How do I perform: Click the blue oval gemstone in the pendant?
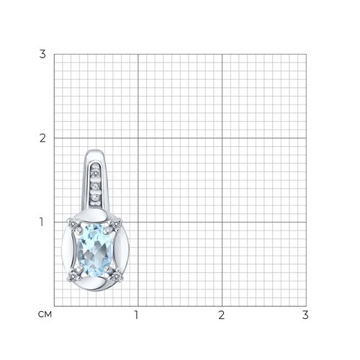[94, 250]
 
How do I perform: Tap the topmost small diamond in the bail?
[96, 173]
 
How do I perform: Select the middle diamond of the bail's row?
[96, 186]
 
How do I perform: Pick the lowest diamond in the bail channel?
[96, 198]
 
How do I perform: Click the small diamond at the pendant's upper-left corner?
[72, 225]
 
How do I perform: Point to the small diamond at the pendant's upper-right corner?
[117, 224]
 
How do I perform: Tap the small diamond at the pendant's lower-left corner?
[72, 277]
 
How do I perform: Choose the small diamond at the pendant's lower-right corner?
[117, 277]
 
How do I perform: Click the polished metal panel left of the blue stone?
[68, 250]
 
